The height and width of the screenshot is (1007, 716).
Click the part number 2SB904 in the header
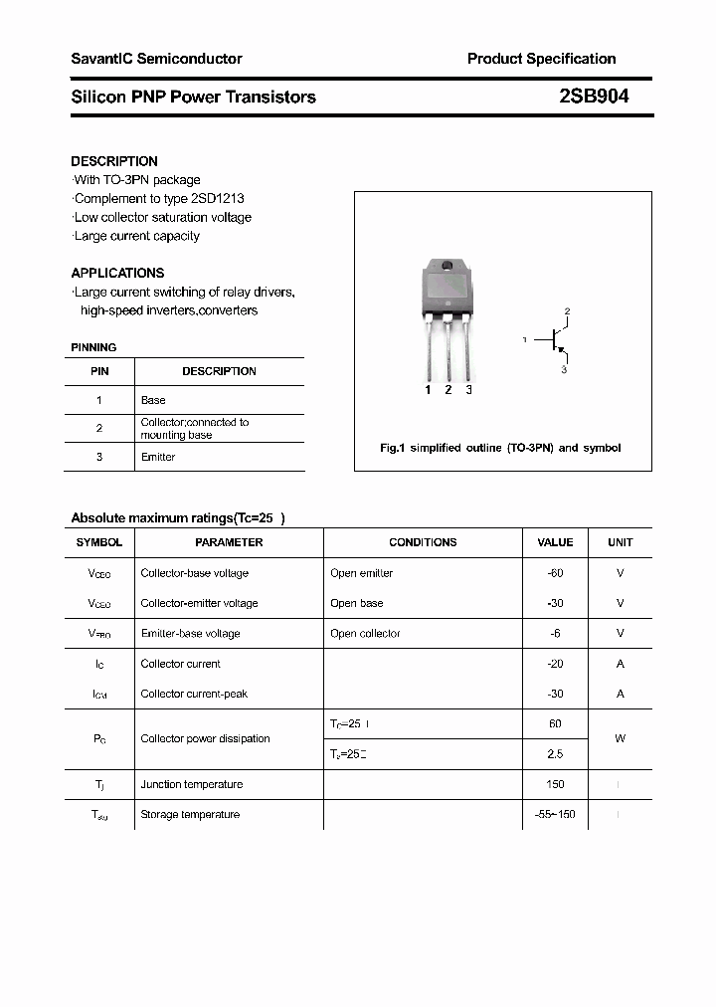click(594, 97)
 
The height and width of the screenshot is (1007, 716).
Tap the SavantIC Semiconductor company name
click(156, 59)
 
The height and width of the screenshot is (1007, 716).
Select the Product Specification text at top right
click(541, 59)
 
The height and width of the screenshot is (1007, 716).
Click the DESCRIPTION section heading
click(114, 161)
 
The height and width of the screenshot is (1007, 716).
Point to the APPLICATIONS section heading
click(117, 273)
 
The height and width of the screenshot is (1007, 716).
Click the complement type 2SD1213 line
click(159, 198)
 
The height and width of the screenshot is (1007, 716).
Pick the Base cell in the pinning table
click(153, 400)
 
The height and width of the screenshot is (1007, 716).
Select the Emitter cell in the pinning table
click(158, 457)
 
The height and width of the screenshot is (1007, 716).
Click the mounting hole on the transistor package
click(447, 267)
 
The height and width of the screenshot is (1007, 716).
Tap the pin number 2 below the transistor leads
click(448, 390)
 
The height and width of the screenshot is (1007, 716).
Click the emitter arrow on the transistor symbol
click(561, 351)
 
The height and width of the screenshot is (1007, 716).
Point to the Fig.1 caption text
click(500, 448)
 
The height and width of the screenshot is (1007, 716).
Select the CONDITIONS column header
click(423, 542)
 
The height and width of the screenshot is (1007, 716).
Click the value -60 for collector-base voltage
click(555, 573)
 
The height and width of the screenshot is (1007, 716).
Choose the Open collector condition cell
click(365, 633)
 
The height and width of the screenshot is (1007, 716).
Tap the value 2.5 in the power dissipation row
click(555, 754)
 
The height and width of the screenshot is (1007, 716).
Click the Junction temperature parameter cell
click(191, 784)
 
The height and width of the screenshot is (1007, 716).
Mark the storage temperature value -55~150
click(555, 814)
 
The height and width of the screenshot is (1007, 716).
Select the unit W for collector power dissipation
click(620, 738)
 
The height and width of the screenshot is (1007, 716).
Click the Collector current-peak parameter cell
click(194, 694)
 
